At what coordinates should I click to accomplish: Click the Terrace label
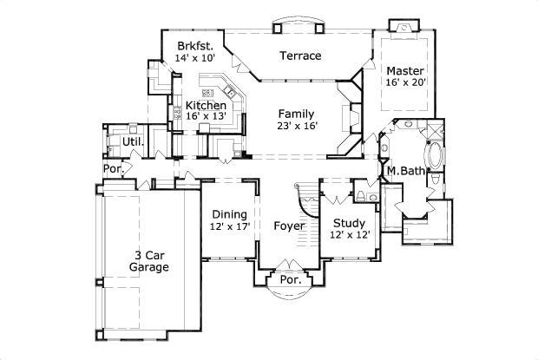coord(300,56)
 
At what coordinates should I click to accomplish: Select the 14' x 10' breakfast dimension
coord(194,57)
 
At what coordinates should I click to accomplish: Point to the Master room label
coord(404,70)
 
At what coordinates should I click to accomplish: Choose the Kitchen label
coord(206,105)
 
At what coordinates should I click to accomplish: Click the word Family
coord(296,114)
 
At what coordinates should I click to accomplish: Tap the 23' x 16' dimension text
coord(298,126)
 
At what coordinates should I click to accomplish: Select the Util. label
coord(133,141)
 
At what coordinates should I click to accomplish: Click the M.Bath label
coord(405,171)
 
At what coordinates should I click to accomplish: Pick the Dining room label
coord(229,214)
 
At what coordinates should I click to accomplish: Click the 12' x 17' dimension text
coord(229,226)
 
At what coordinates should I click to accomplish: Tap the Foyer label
coord(289,226)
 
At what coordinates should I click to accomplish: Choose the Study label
coord(349,222)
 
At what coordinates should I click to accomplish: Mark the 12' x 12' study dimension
coord(349,234)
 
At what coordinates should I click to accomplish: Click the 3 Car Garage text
coord(150,261)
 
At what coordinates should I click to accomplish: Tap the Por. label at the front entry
coord(289,280)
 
